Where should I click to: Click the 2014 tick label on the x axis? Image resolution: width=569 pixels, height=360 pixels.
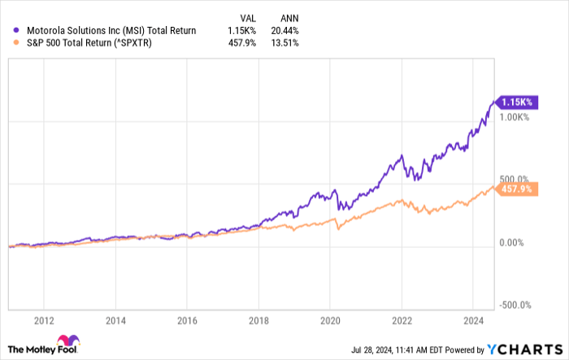[x=115, y=319]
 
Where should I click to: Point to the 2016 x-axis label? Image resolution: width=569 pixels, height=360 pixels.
[x=187, y=319]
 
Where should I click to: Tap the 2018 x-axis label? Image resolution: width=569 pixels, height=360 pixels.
[x=258, y=319]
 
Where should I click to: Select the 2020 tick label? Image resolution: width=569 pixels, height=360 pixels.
[x=330, y=319]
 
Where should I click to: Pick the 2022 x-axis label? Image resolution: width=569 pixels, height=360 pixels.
[x=402, y=319]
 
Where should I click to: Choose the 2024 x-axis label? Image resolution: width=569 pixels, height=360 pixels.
[x=473, y=319]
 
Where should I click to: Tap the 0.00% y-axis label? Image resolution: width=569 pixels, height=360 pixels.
[x=510, y=242]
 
